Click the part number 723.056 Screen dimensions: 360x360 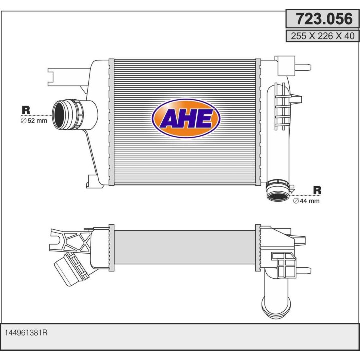[324, 19]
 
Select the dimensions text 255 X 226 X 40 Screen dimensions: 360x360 [323, 36]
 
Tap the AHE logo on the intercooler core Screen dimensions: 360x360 [186, 118]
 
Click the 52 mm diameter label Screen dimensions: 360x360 [34, 121]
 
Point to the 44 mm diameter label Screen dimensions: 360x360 [306, 201]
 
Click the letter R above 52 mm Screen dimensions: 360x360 [26, 110]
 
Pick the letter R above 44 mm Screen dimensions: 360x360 [317, 190]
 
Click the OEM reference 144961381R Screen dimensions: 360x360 [26, 333]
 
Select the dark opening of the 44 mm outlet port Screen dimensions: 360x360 [278, 196]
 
